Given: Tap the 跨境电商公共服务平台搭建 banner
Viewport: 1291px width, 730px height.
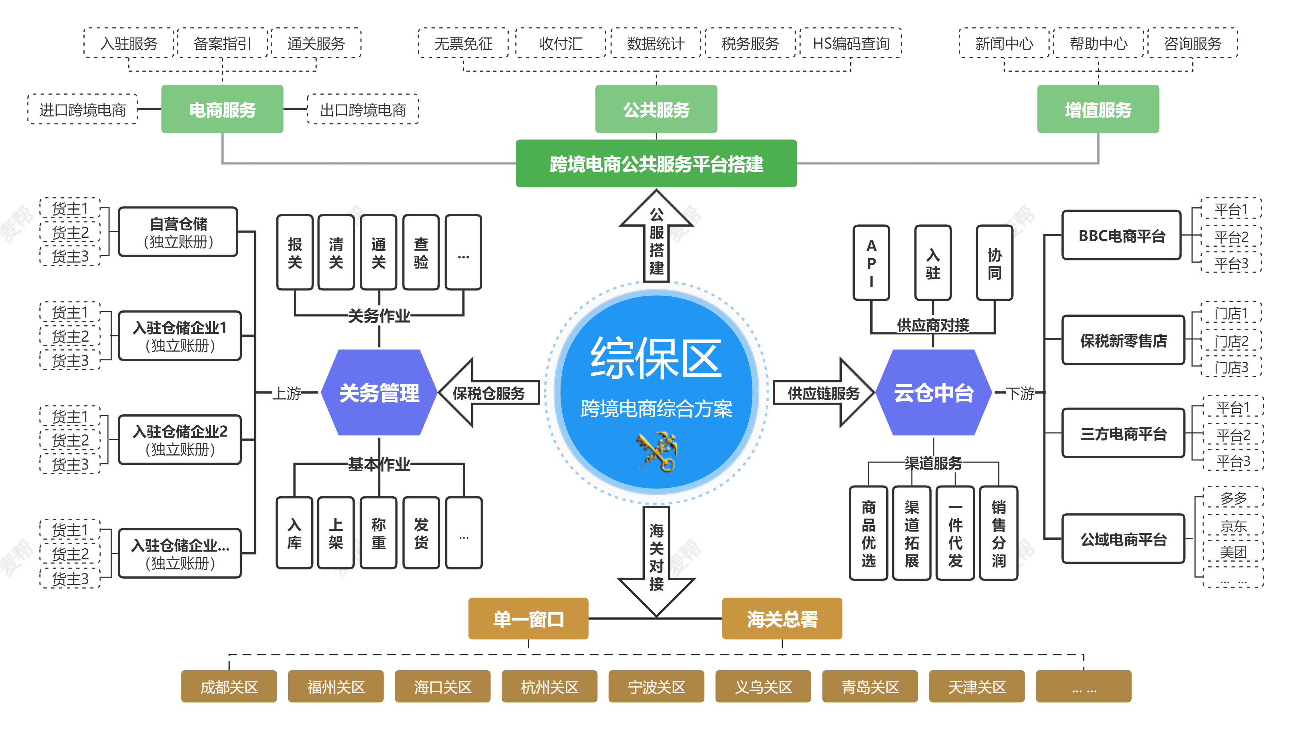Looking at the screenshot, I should (x=656, y=164).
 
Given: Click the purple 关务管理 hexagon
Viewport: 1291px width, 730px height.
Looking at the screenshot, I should (x=379, y=392).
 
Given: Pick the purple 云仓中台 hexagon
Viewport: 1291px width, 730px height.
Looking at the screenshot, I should (x=933, y=392).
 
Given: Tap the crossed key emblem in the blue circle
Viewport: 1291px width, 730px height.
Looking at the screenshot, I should (x=657, y=451).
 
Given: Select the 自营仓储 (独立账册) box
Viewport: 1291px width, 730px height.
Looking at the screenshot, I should (x=178, y=232).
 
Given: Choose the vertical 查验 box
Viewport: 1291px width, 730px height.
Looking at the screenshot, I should (x=421, y=253).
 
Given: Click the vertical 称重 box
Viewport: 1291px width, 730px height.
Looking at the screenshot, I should (x=378, y=533).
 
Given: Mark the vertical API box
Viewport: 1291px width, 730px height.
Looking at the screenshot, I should (x=871, y=263).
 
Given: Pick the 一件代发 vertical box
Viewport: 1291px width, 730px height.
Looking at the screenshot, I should (x=955, y=533).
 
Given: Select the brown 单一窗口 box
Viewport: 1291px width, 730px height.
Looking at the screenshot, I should (x=528, y=619).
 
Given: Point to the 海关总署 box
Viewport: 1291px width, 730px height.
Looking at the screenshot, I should (x=782, y=619).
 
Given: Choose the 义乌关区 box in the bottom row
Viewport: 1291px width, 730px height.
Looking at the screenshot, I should (x=763, y=686).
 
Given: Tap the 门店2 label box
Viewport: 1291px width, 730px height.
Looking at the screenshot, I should (x=1231, y=341).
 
